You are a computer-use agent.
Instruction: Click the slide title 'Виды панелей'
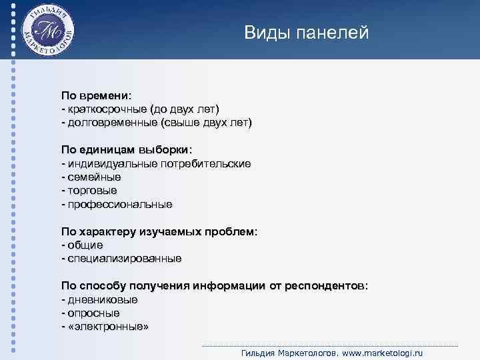(306, 32)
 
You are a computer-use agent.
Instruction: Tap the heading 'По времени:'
(97, 95)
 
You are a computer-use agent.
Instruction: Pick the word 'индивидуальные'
(109, 163)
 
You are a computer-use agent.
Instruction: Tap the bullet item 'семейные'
(93, 177)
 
